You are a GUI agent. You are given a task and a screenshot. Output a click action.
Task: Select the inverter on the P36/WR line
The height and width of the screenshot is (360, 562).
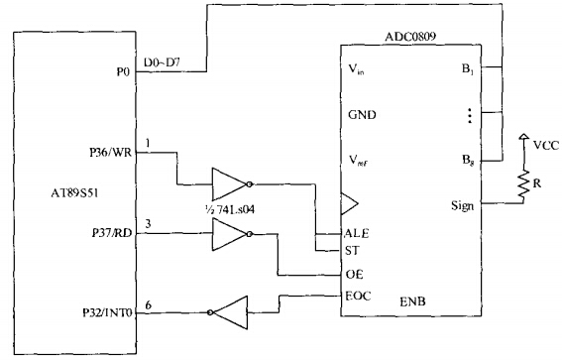tap(231, 182)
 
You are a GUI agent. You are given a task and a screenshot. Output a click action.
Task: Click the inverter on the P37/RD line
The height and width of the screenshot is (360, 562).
tap(232, 235)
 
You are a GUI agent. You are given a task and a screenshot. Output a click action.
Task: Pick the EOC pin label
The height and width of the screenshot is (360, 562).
tap(357, 296)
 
